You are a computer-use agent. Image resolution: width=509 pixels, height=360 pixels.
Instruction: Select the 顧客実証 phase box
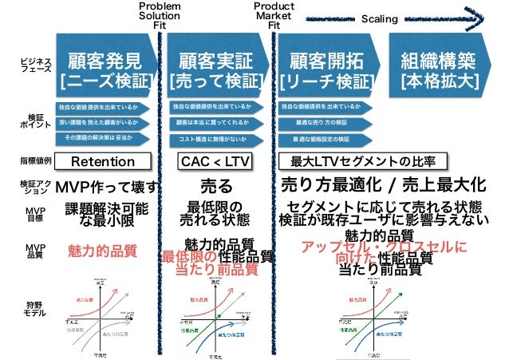point(216,69)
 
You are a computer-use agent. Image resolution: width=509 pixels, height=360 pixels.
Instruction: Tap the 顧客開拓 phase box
point(326,69)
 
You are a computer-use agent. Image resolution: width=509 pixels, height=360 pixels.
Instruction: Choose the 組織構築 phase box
point(439,69)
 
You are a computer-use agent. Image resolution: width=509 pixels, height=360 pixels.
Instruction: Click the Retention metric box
point(103,162)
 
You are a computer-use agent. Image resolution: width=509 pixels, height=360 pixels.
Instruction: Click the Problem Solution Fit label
point(160,14)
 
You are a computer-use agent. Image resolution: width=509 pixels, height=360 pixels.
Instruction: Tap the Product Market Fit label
point(274,14)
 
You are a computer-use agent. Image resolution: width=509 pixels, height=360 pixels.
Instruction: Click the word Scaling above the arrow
point(380,19)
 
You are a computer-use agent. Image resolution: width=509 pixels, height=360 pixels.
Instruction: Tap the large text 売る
point(216,186)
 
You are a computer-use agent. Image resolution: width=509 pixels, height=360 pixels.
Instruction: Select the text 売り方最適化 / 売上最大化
point(383,185)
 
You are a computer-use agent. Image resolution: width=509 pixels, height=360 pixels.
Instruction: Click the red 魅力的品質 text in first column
point(101,250)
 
